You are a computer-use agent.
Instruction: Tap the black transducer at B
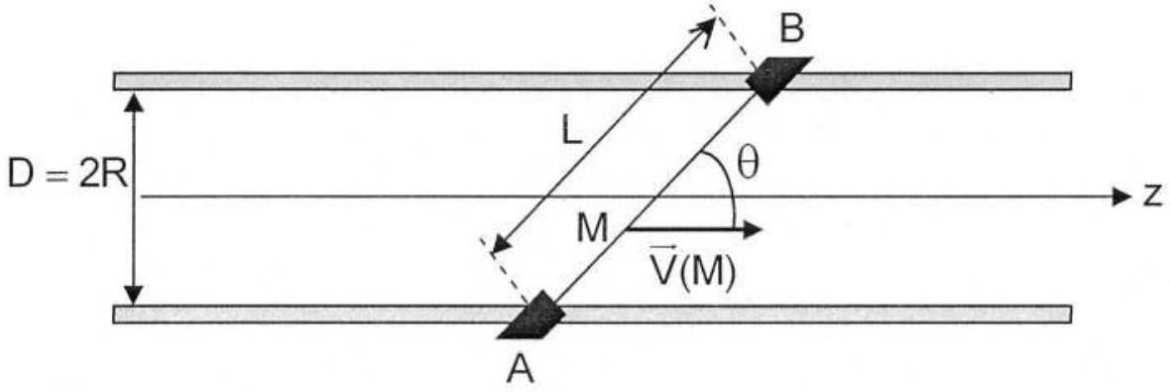click(779, 78)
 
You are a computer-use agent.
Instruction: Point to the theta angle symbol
click(748, 166)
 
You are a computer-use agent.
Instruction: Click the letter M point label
click(593, 229)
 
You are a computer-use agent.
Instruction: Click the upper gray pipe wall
click(593, 80)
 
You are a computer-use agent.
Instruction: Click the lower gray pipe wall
click(593, 315)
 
